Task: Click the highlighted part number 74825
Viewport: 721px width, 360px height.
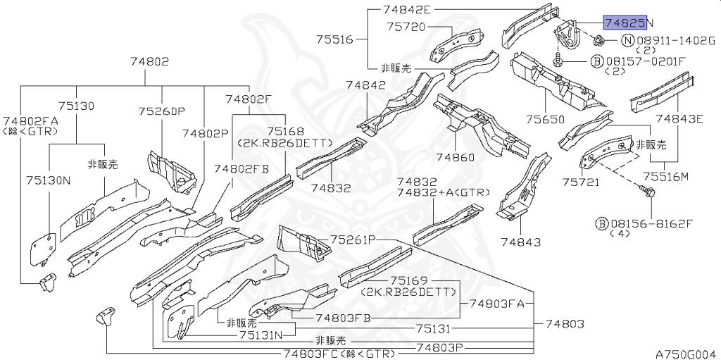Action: point(624,23)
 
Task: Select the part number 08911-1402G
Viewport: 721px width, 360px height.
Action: point(676,40)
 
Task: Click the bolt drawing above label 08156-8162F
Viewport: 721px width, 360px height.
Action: point(648,191)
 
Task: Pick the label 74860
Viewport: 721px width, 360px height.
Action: point(456,156)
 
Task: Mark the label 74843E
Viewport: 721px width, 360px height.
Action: point(679,118)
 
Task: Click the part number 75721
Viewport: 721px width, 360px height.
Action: point(580,182)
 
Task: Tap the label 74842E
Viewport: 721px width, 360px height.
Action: point(406,10)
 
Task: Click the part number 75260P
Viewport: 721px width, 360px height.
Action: point(161,111)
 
